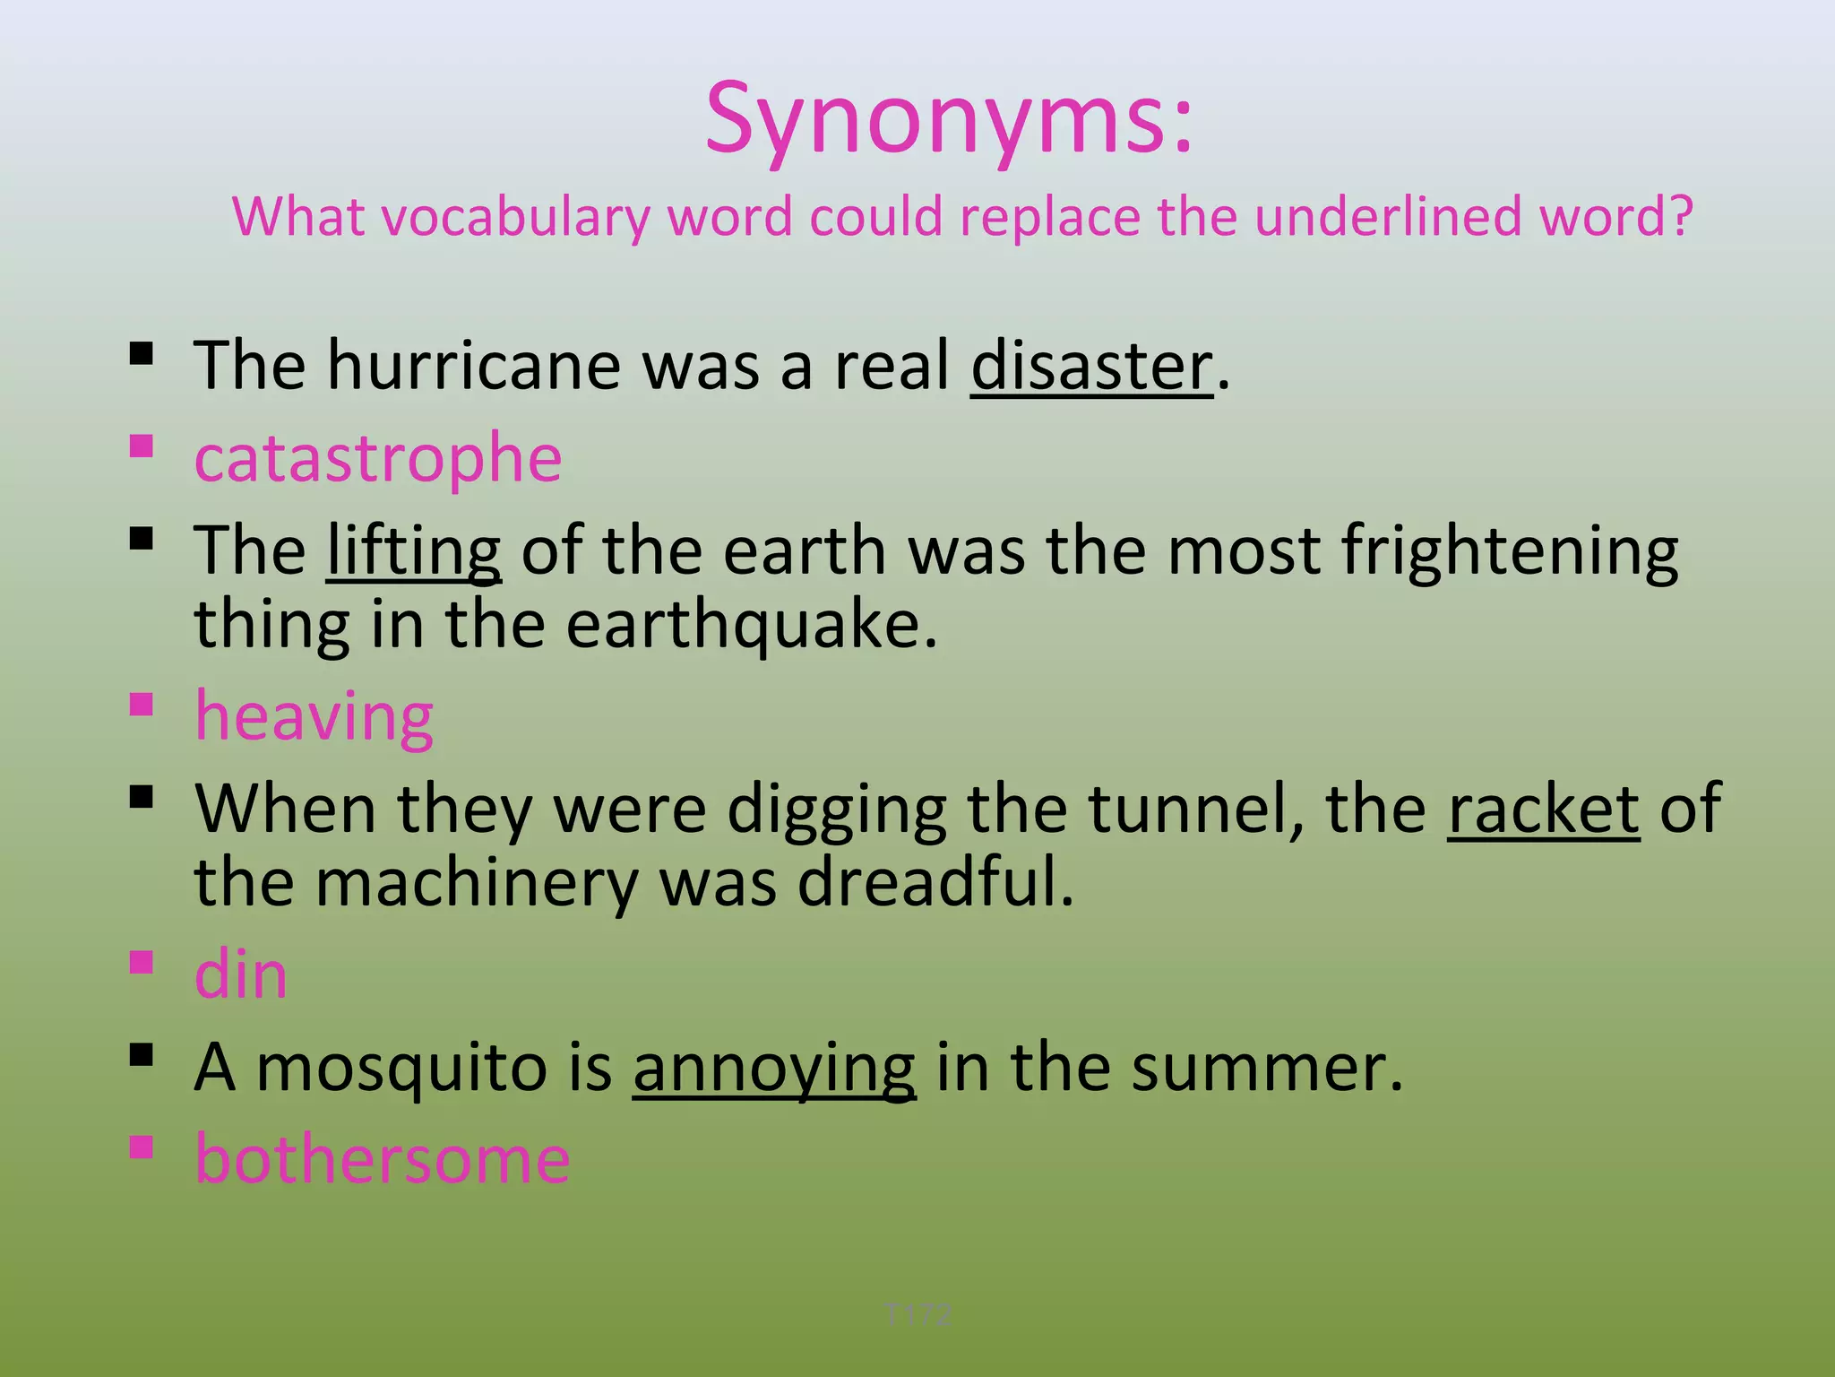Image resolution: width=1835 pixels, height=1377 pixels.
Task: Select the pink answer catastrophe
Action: click(x=377, y=458)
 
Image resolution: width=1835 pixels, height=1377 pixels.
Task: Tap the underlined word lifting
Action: click(x=413, y=550)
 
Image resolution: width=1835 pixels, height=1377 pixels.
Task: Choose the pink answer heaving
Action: click(x=314, y=717)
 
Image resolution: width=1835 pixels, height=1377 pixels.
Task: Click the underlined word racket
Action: click(x=1543, y=810)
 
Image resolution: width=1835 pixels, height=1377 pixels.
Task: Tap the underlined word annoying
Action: click(x=774, y=1068)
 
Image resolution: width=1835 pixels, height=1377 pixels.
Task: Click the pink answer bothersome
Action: click(x=383, y=1159)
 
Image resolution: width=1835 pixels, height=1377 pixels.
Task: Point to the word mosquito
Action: click(x=401, y=1068)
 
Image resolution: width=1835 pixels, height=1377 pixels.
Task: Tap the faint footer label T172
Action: click(x=917, y=1315)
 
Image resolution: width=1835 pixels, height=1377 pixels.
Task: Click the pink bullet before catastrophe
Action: click(x=141, y=446)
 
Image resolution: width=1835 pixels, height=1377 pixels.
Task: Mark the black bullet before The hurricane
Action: click(x=141, y=353)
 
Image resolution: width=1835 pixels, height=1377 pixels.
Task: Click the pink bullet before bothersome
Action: click(x=141, y=1147)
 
